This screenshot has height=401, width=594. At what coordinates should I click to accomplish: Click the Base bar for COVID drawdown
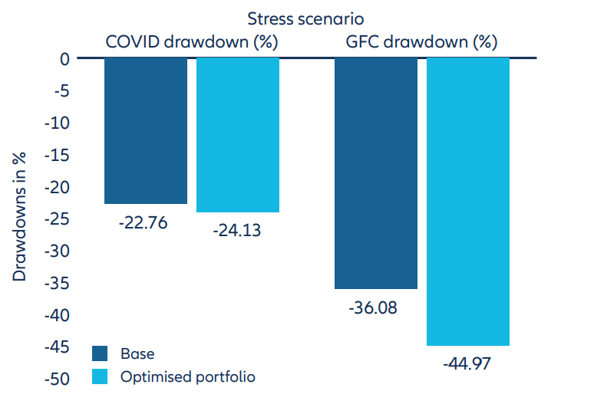[x=146, y=130]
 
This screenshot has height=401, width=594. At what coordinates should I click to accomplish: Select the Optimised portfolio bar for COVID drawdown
[x=238, y=135]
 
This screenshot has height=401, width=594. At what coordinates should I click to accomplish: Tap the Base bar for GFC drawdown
[x=376, y=173]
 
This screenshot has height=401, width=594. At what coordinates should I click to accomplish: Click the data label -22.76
[x=141, y=224]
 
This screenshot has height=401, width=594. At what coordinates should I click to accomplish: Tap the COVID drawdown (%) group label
[x=191, y=41]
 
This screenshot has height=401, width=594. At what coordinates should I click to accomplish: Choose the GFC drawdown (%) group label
[x=421, y=41]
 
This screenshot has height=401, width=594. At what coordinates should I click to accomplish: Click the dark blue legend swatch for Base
[x=101, y=353]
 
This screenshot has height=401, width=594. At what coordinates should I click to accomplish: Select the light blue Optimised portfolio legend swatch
[x=101, y=376]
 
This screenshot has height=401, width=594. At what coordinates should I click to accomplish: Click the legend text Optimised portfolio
[x=187, y=376]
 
